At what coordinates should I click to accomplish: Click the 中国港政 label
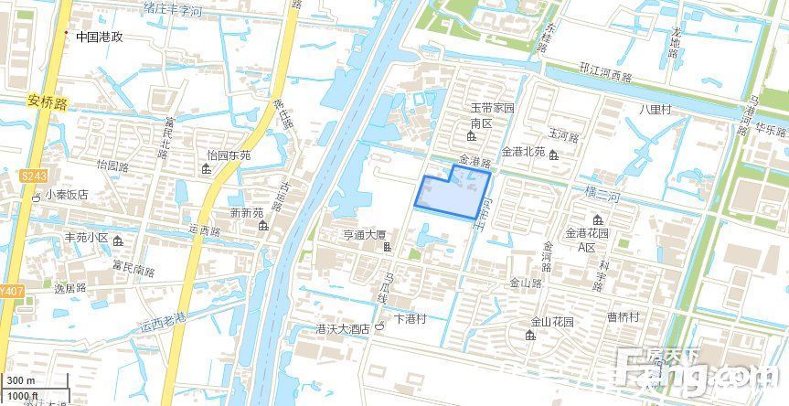click(x=99, y=37)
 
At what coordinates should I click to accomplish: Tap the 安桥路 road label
click(x=48, y=103)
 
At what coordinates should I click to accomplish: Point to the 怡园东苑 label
click(x=229, y=155)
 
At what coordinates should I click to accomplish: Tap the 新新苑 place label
click(x=246, y=212)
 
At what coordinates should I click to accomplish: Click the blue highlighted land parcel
click(x=448, y=194)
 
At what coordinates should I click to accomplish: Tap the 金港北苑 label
click(x=523, y=152)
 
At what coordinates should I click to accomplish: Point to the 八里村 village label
click(x=655, y=109)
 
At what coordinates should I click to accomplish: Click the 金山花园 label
click(x=552, y=322)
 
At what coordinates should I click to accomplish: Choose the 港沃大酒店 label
click(x=342, y=329)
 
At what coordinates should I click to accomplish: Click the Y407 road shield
click(x=8, y=292)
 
